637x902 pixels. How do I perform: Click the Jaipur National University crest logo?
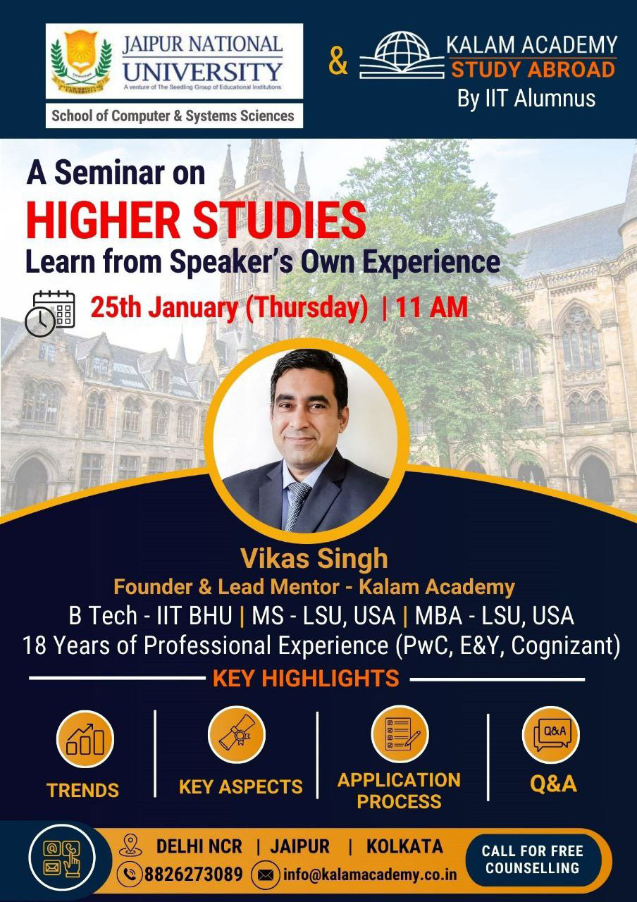[81, 61]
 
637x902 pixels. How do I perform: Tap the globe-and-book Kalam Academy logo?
[402, 55]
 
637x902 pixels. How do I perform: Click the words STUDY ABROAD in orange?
[533, 70]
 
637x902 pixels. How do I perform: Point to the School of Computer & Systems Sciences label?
[173, 116]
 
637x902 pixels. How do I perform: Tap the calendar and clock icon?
[50, 314]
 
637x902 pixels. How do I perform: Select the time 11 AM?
[432, 307]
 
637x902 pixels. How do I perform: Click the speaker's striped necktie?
[297, 506]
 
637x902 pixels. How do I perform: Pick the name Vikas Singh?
[314, 559]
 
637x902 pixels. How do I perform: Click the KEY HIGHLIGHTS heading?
[306, 678]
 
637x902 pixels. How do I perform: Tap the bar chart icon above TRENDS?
[85, 739]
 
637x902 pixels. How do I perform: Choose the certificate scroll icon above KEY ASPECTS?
[237, 735]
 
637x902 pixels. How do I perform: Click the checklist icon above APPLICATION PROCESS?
[400, 734]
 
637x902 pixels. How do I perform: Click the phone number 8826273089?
[194, 874]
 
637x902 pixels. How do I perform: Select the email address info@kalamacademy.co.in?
[370, 875]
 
